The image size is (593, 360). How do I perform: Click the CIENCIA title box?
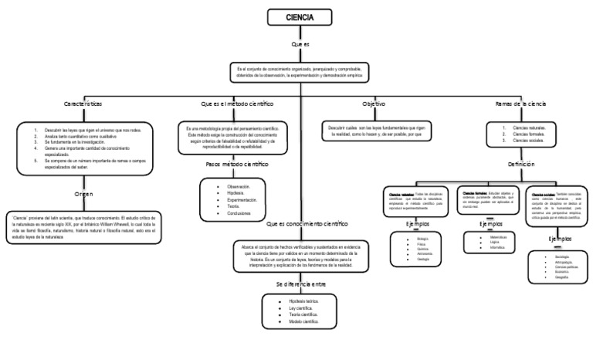[300, 18]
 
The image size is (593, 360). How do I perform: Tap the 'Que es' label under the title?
[300, 45]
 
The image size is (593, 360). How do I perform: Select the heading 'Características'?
[93, 104]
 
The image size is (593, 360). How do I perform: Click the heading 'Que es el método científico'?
[237, 104]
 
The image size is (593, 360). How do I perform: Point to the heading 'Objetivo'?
[374, 104]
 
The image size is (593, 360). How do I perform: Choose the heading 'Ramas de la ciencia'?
[520, 104]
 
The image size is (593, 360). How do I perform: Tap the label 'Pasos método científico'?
[237, 165]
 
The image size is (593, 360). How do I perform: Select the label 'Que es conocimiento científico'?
[307, 224]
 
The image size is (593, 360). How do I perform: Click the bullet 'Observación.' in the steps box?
[238, 186]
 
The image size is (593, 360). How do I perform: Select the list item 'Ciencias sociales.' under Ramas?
[529, 141]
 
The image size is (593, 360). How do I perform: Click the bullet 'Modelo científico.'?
[303, 321]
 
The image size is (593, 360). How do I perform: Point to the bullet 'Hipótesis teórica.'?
[303, 301]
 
